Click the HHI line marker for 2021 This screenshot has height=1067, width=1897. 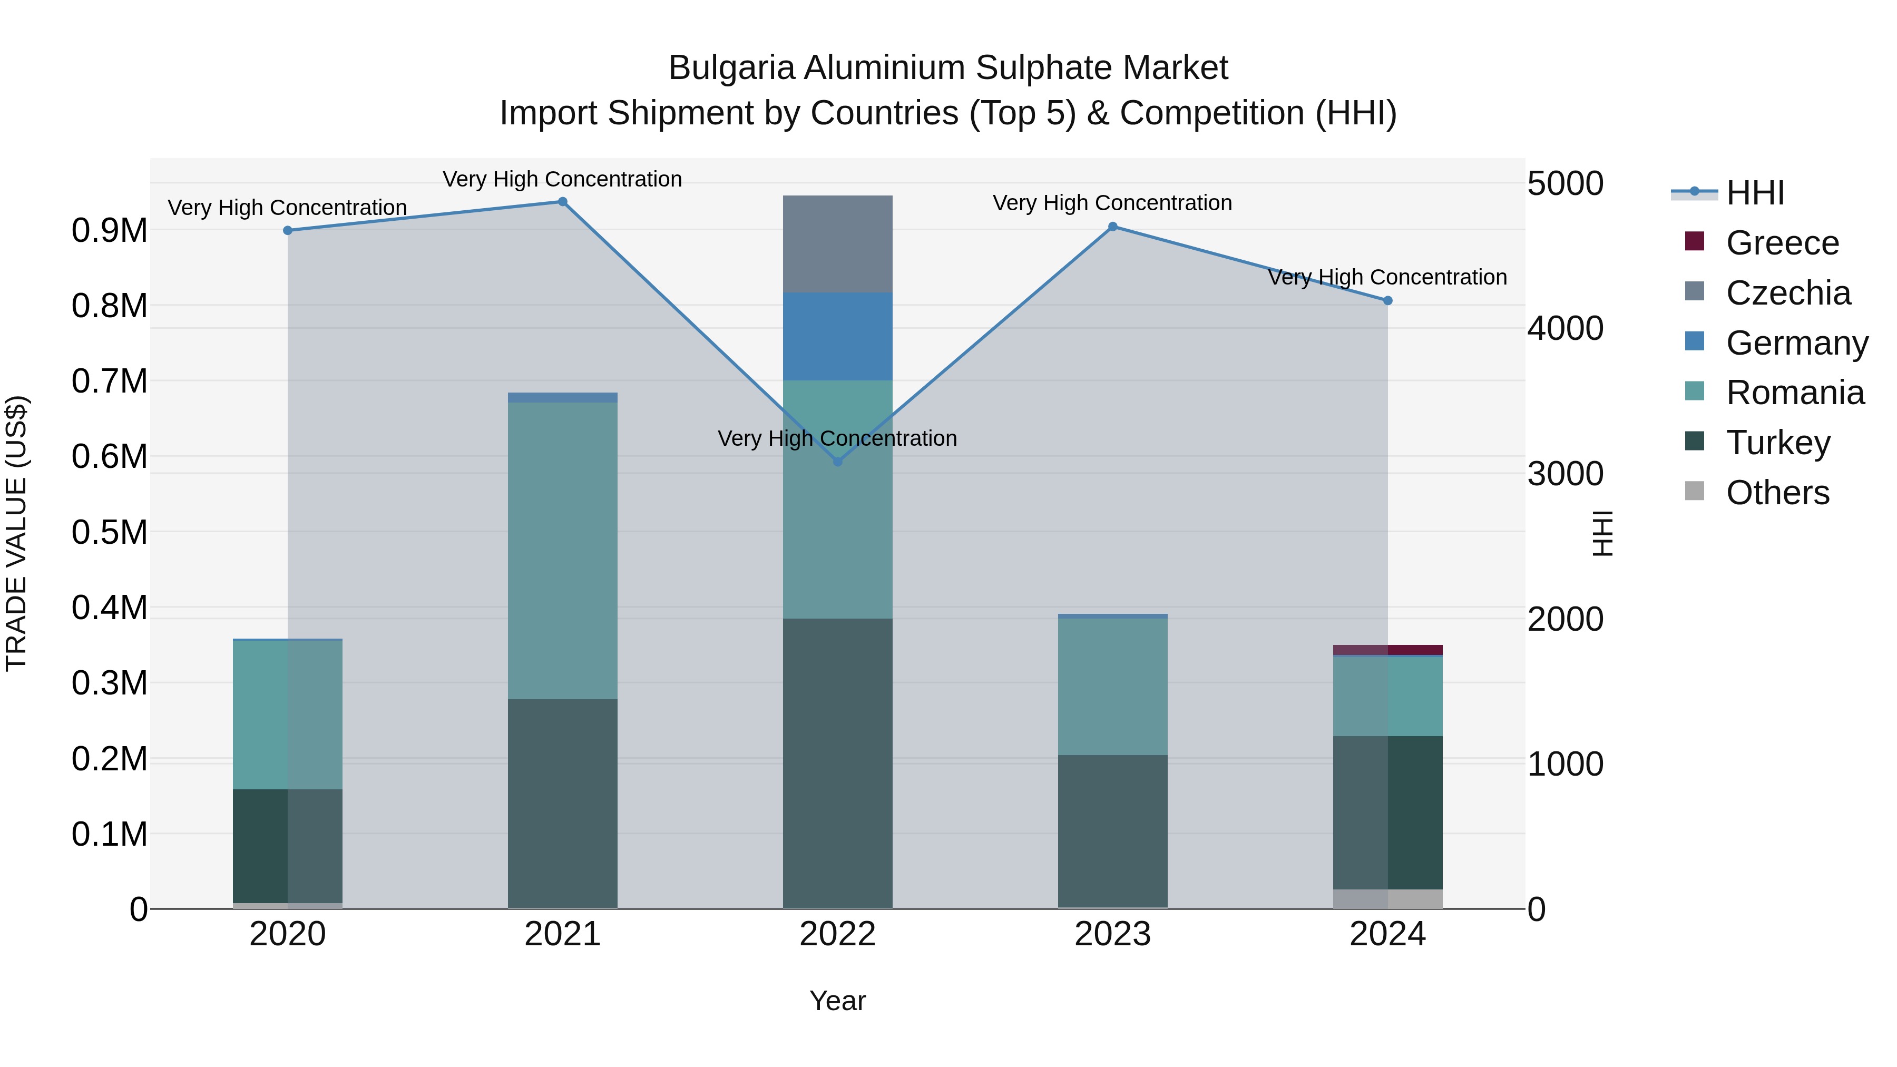tap(563, 202)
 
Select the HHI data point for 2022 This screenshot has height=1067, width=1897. tap(837, 462)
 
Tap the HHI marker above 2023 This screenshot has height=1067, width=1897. tap(1113, 227)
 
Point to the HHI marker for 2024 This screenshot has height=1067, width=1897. tap(1387, 300)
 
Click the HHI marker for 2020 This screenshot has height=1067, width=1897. tap(288, 230)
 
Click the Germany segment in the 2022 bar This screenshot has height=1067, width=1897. tap(837, 336)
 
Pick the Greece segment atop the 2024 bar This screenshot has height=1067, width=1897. tap(1387, 650)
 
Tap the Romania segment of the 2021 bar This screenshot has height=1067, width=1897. tap(563, 550)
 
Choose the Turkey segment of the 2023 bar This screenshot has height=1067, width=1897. tap(1113, 830)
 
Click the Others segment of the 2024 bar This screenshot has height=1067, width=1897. tap(1387, 898)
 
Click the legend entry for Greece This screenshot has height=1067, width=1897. tap(1782, 243)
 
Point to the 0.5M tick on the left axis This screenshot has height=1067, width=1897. tap(110, 532)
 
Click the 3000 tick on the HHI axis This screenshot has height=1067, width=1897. tap(1565, 474)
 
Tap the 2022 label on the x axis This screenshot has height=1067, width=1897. tap(837, 934)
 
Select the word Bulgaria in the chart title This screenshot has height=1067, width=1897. tap(731, 68)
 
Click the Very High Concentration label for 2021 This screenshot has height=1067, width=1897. tap(563, 179)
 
